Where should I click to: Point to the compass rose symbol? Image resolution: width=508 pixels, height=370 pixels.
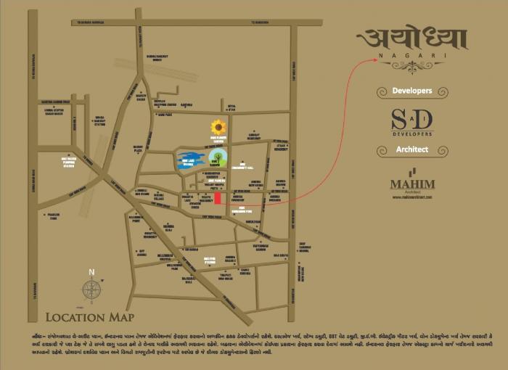pyautogui.click(x=91, y=290)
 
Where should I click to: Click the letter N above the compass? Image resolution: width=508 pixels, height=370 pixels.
pyautogui.click(x=91, y=273)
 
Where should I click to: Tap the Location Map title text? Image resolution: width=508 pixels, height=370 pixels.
pyautogui.click(x=89, y=317)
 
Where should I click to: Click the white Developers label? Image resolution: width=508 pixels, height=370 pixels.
pyautogui.click(x=411, y=91)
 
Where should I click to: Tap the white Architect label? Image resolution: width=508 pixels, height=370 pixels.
pyautogui.click(x=411, y=149)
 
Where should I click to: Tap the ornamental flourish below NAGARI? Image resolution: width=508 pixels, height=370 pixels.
pyautogui.click(x=411, y=66)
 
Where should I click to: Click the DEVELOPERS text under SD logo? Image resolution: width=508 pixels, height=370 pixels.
pyautogui.click(x=411, y=134)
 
